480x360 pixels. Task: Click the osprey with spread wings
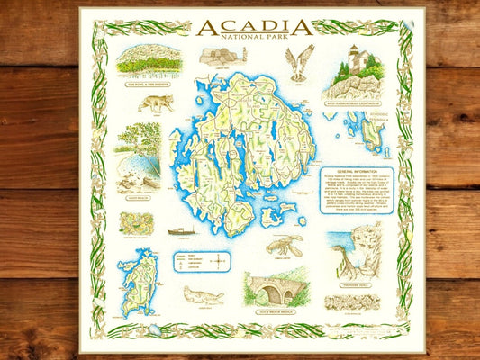click(299, 62)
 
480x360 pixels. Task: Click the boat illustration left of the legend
click(181, 231)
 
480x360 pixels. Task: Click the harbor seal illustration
click(204, 294)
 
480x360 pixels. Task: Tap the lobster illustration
click(286, 246)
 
